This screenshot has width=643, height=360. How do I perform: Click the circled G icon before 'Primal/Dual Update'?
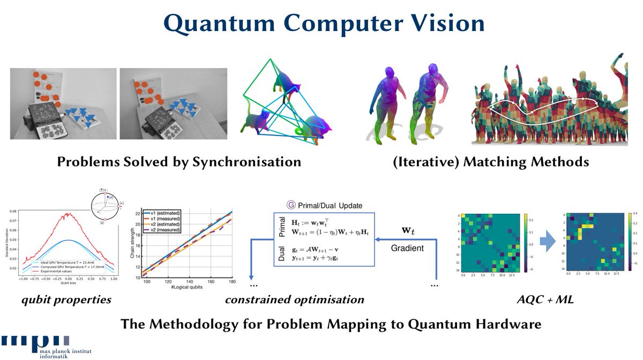pos(291,205)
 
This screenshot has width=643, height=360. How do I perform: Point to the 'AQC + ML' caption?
pos(542,299)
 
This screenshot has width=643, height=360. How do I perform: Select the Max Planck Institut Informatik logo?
pos(35,346)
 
